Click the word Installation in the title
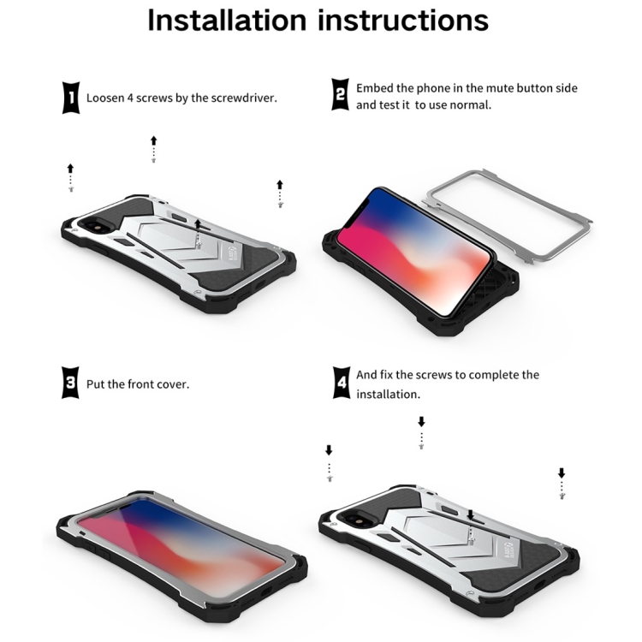[x=227, y=20]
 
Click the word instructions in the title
[x=403, y=20]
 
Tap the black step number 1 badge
[x=71, y=98]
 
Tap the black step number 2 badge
[x=340, y=94]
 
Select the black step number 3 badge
[x=70, y=383]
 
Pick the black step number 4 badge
[x=341, y=383]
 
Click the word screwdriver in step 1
[x=244, y=98]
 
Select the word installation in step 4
[x=388, y=395]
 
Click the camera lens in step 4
[x=349, y=520]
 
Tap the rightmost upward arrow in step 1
[x=280, y=185]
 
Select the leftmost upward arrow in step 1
[x=70, y=169]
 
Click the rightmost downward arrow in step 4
[x=562, y=473]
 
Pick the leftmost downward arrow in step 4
[x=329, y=450]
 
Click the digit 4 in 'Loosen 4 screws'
[x=130, y=98]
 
